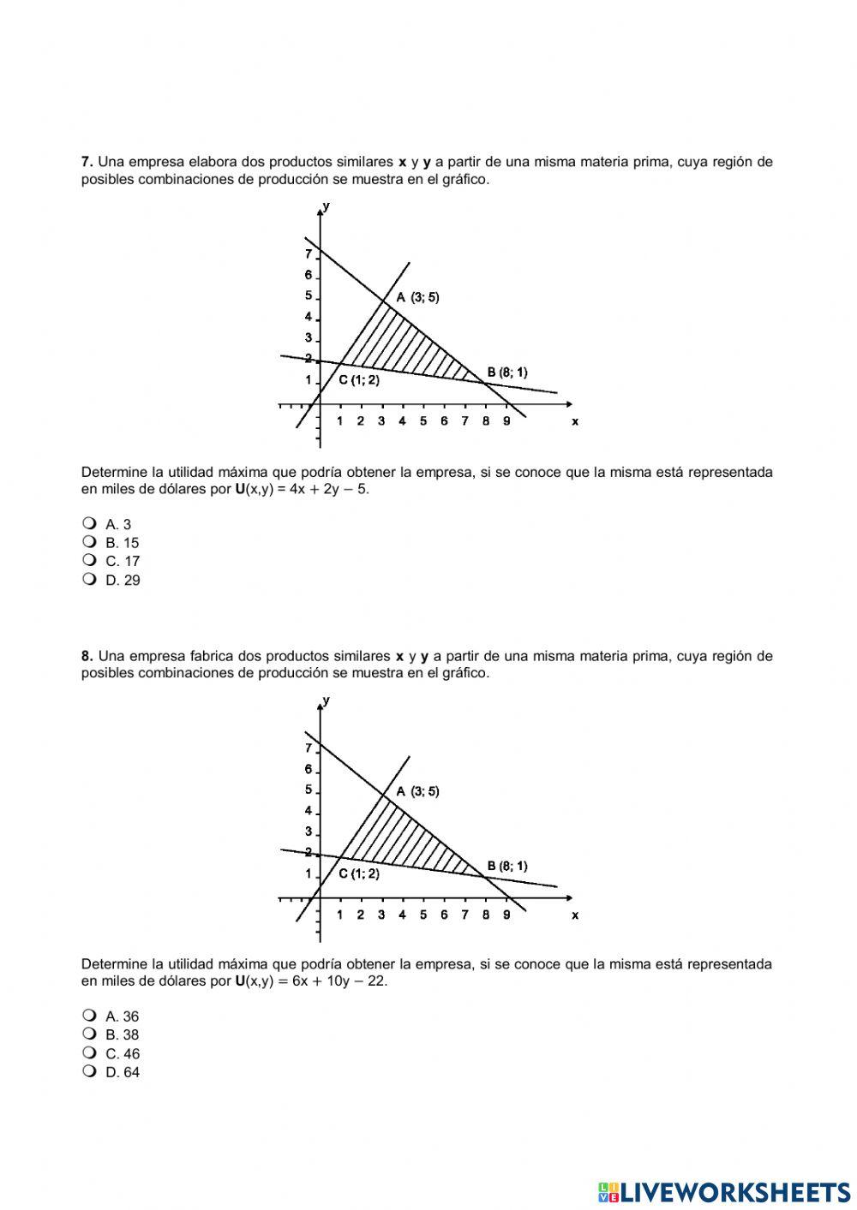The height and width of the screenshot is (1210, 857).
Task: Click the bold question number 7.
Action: click(87, 162)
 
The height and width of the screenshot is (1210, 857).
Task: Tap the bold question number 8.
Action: click(87, 656)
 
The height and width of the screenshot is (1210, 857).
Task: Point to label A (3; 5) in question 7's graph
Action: click(417, 297)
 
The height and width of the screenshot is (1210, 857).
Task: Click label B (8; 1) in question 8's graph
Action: click(507, 866)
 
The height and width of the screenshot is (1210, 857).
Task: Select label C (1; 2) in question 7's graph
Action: click(358, 380)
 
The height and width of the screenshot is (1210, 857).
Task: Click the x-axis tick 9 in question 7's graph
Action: click(506, 420)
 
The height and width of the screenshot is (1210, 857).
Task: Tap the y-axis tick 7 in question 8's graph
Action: click(309, 748)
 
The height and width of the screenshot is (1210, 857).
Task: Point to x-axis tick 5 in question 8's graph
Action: click(423, 915)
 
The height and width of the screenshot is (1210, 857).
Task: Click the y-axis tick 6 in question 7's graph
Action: click(309, 275)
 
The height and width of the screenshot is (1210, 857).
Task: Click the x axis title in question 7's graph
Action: click(575, 421)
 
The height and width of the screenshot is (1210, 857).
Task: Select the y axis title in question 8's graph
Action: click(327, 700)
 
